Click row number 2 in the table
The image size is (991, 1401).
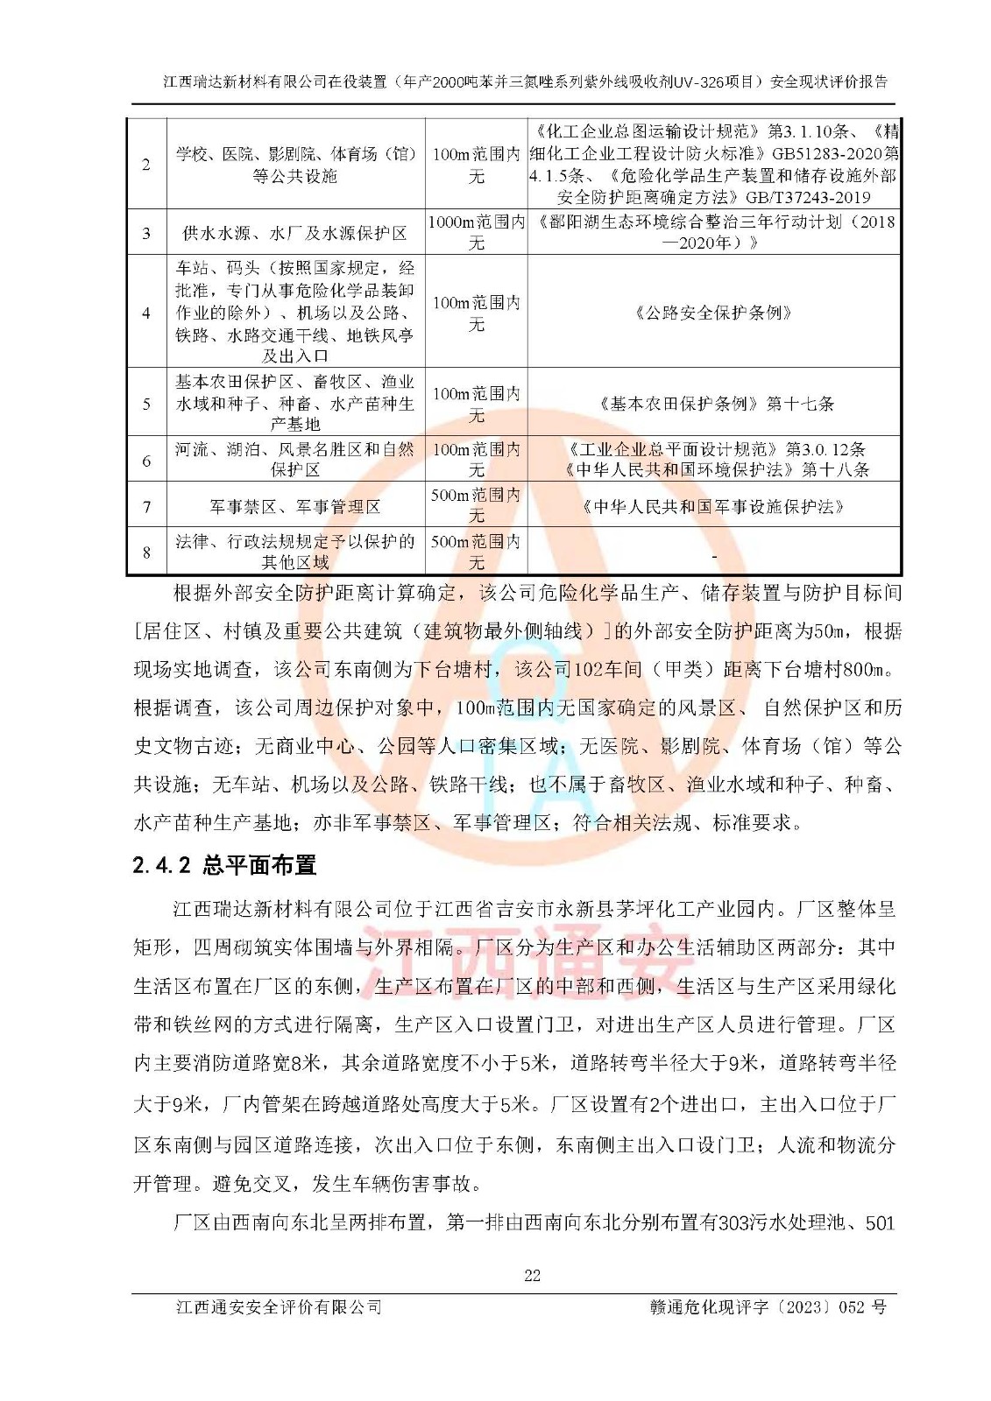tap(146, 165)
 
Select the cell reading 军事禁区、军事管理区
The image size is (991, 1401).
tap(295, 507)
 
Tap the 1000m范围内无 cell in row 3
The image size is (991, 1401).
tap(477, 232)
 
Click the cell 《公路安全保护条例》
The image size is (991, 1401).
tap(714, 313)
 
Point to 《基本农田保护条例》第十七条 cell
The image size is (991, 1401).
tap(714, 404)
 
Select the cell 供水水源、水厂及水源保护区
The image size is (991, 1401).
tap(295, 233)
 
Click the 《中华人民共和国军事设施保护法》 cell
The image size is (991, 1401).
tap(714, 507)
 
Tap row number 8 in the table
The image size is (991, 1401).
tap(146, 552)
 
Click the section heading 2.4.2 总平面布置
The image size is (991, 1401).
tap(224, 865)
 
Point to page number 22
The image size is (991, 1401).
tap(532, 1276)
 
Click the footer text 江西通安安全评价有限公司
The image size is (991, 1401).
tap(280, 1307)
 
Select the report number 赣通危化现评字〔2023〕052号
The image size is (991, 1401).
tap(768, 1307)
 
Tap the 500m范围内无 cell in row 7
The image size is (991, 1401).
tap(477, 505)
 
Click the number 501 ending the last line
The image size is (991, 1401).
tap(880, 1222)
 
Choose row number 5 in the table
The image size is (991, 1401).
tap(146, 404)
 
